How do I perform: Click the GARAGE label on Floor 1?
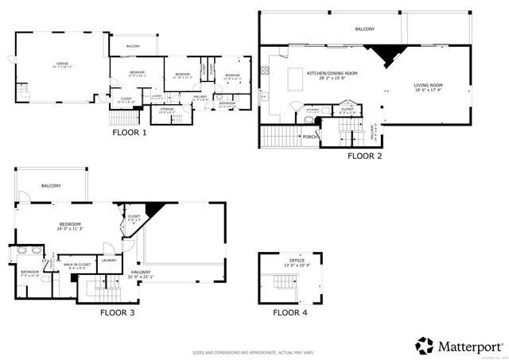pyautogui.click(x=61, y=63)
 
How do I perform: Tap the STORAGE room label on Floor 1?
pyautogui.click(x=167, y=109)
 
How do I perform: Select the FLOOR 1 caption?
pyautogui.click(x=129, y=133)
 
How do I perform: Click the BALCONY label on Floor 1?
pyautogui.click(x=132, y=46)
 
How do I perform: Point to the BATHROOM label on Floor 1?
pyautogui.click(x=227, y=103)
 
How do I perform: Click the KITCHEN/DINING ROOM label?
pyautogui.click(x=332, y=73)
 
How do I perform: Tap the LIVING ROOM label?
pyautogui.click(x=428, y=85)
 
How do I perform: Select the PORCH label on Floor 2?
pyautogui.click(x=310, y=136)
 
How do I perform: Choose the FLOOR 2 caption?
pyautogui.click(x=364, y=157)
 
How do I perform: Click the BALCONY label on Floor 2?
pyautogui.click(x=365, y=29)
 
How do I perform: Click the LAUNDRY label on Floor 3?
pyautogui.click(x=109, y=260)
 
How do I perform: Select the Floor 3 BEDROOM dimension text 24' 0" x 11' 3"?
pyautogui.click(x=71, y=229)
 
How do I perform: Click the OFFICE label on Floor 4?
pyautogui.click(x=296, y=260)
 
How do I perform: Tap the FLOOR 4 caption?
pyautogui.click(x=289, y=313)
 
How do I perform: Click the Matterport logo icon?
pyautogui.click(x=425, y=346)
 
